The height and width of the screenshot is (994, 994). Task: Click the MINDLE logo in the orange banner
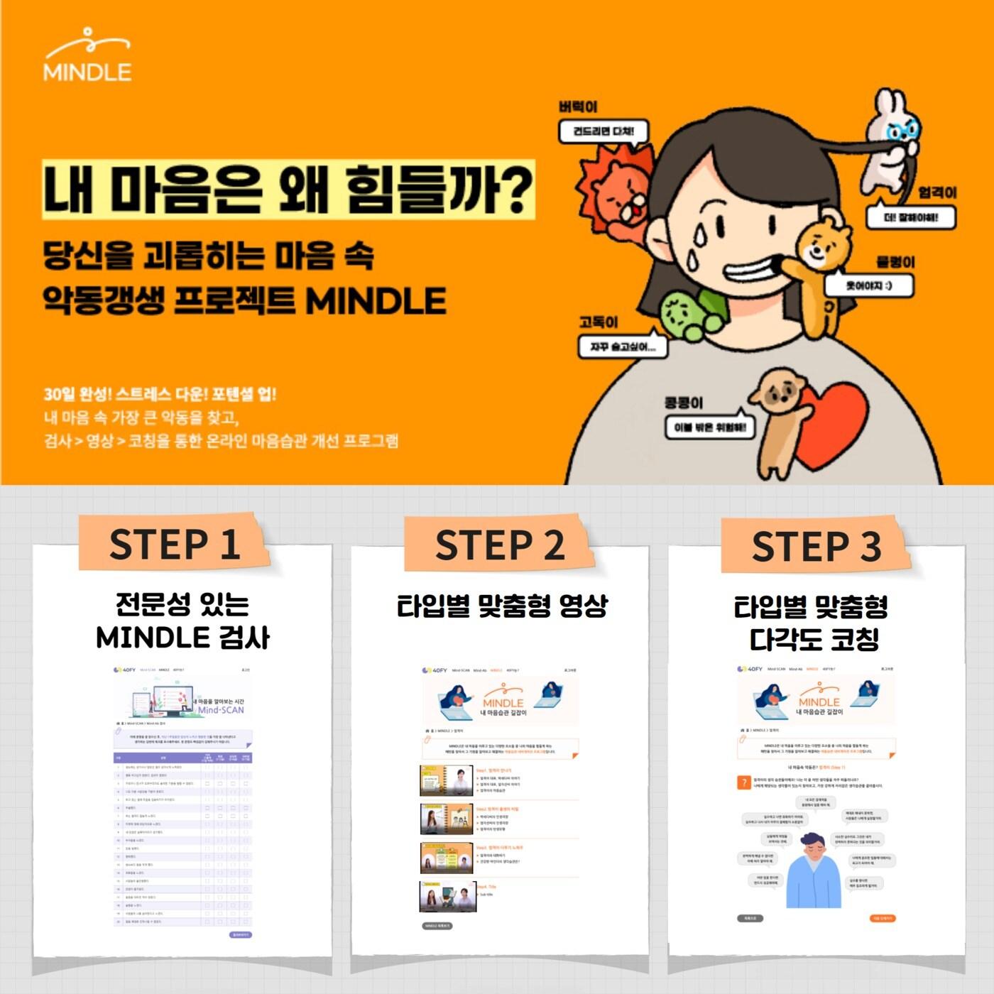[x=87, y=55]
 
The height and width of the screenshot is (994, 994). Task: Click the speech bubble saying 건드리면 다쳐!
[x=603, y=131]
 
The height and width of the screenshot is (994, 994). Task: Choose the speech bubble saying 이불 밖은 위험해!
[x=710, y=427]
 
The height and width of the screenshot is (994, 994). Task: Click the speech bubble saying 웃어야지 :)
[x=868, y=285]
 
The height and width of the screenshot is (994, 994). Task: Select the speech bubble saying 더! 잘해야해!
[x=910, y=217]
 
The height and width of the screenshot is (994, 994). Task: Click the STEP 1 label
[x=174, y=545]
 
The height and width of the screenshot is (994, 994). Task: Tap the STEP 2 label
[x=499, y=545]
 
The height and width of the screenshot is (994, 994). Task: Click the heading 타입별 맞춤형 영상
[x=502, y=606]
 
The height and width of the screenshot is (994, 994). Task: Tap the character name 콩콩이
[x=683, y=403]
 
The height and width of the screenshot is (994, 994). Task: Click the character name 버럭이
[x=578, y=106]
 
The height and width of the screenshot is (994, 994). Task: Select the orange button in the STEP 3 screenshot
[x=883, y=918]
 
